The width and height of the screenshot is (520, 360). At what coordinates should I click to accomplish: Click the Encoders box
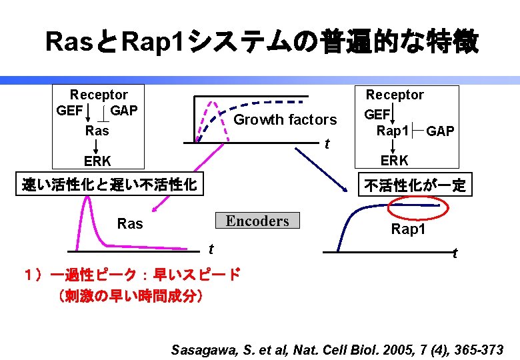click(257, 221)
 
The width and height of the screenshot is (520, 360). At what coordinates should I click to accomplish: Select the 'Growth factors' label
click(285, 120)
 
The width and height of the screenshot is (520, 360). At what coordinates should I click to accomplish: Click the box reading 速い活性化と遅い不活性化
click(109, 185)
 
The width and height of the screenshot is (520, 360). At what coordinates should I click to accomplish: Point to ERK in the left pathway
click(97, 161)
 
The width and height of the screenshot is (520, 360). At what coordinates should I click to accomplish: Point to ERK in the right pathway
click(395, 161)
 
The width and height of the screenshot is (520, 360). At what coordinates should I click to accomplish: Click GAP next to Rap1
click(441, 131)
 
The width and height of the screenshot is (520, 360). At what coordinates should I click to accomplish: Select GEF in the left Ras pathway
click(70, 111)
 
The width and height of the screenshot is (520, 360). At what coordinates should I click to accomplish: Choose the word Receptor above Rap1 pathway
click(395, 95)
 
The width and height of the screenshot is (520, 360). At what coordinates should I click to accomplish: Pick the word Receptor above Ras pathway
click(99, 95)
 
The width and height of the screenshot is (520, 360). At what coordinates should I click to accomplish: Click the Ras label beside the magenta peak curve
click(130, 224)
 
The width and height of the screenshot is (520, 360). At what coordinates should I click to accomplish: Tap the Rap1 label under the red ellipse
click(407, 230)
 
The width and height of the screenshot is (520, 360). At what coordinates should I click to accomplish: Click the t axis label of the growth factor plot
click(327, 145)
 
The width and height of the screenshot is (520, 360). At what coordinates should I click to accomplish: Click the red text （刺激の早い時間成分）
click(131, 295)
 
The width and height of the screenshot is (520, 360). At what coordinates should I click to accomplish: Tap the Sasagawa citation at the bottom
click(337, 349)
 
